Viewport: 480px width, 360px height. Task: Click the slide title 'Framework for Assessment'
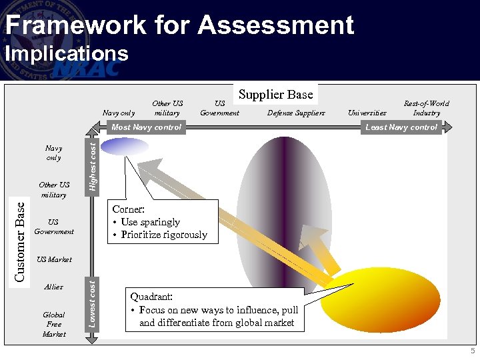(x=179, y=25)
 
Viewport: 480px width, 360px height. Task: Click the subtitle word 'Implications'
(x=67, y=53)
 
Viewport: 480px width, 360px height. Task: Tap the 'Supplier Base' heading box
(x=275, y=95)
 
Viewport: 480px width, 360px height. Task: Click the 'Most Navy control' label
(x=146, y=127)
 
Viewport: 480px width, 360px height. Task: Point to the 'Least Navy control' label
(x=401, y=127)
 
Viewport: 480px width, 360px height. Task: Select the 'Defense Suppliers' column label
(x=296, y=113)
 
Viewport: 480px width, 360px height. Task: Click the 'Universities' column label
(x=367, y=113)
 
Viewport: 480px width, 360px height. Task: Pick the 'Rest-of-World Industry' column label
(x=426, y=108)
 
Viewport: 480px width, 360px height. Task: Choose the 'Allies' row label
(x=53, y=287)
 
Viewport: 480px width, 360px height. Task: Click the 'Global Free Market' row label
(x=54, y=324)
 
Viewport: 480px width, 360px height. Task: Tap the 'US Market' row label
(x=54, y=259)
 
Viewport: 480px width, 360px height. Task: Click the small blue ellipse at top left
(x=125, y=146)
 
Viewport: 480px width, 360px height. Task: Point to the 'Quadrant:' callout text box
(x=215, y=310)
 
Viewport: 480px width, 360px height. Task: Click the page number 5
(x=472, y=351)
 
